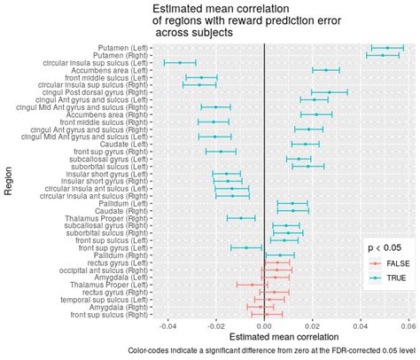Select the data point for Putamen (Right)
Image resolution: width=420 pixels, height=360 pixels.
(x=383, y=55)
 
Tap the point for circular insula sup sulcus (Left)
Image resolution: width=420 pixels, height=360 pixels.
(x=180, y=62)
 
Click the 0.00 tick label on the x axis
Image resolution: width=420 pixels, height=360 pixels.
(x=264, y=325)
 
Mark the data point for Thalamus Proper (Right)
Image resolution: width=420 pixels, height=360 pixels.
(x=240, y=218)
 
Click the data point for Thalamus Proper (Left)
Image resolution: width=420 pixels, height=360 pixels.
(x=253, y=285)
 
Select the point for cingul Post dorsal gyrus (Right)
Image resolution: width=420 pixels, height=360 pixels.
(x=329, y=92)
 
